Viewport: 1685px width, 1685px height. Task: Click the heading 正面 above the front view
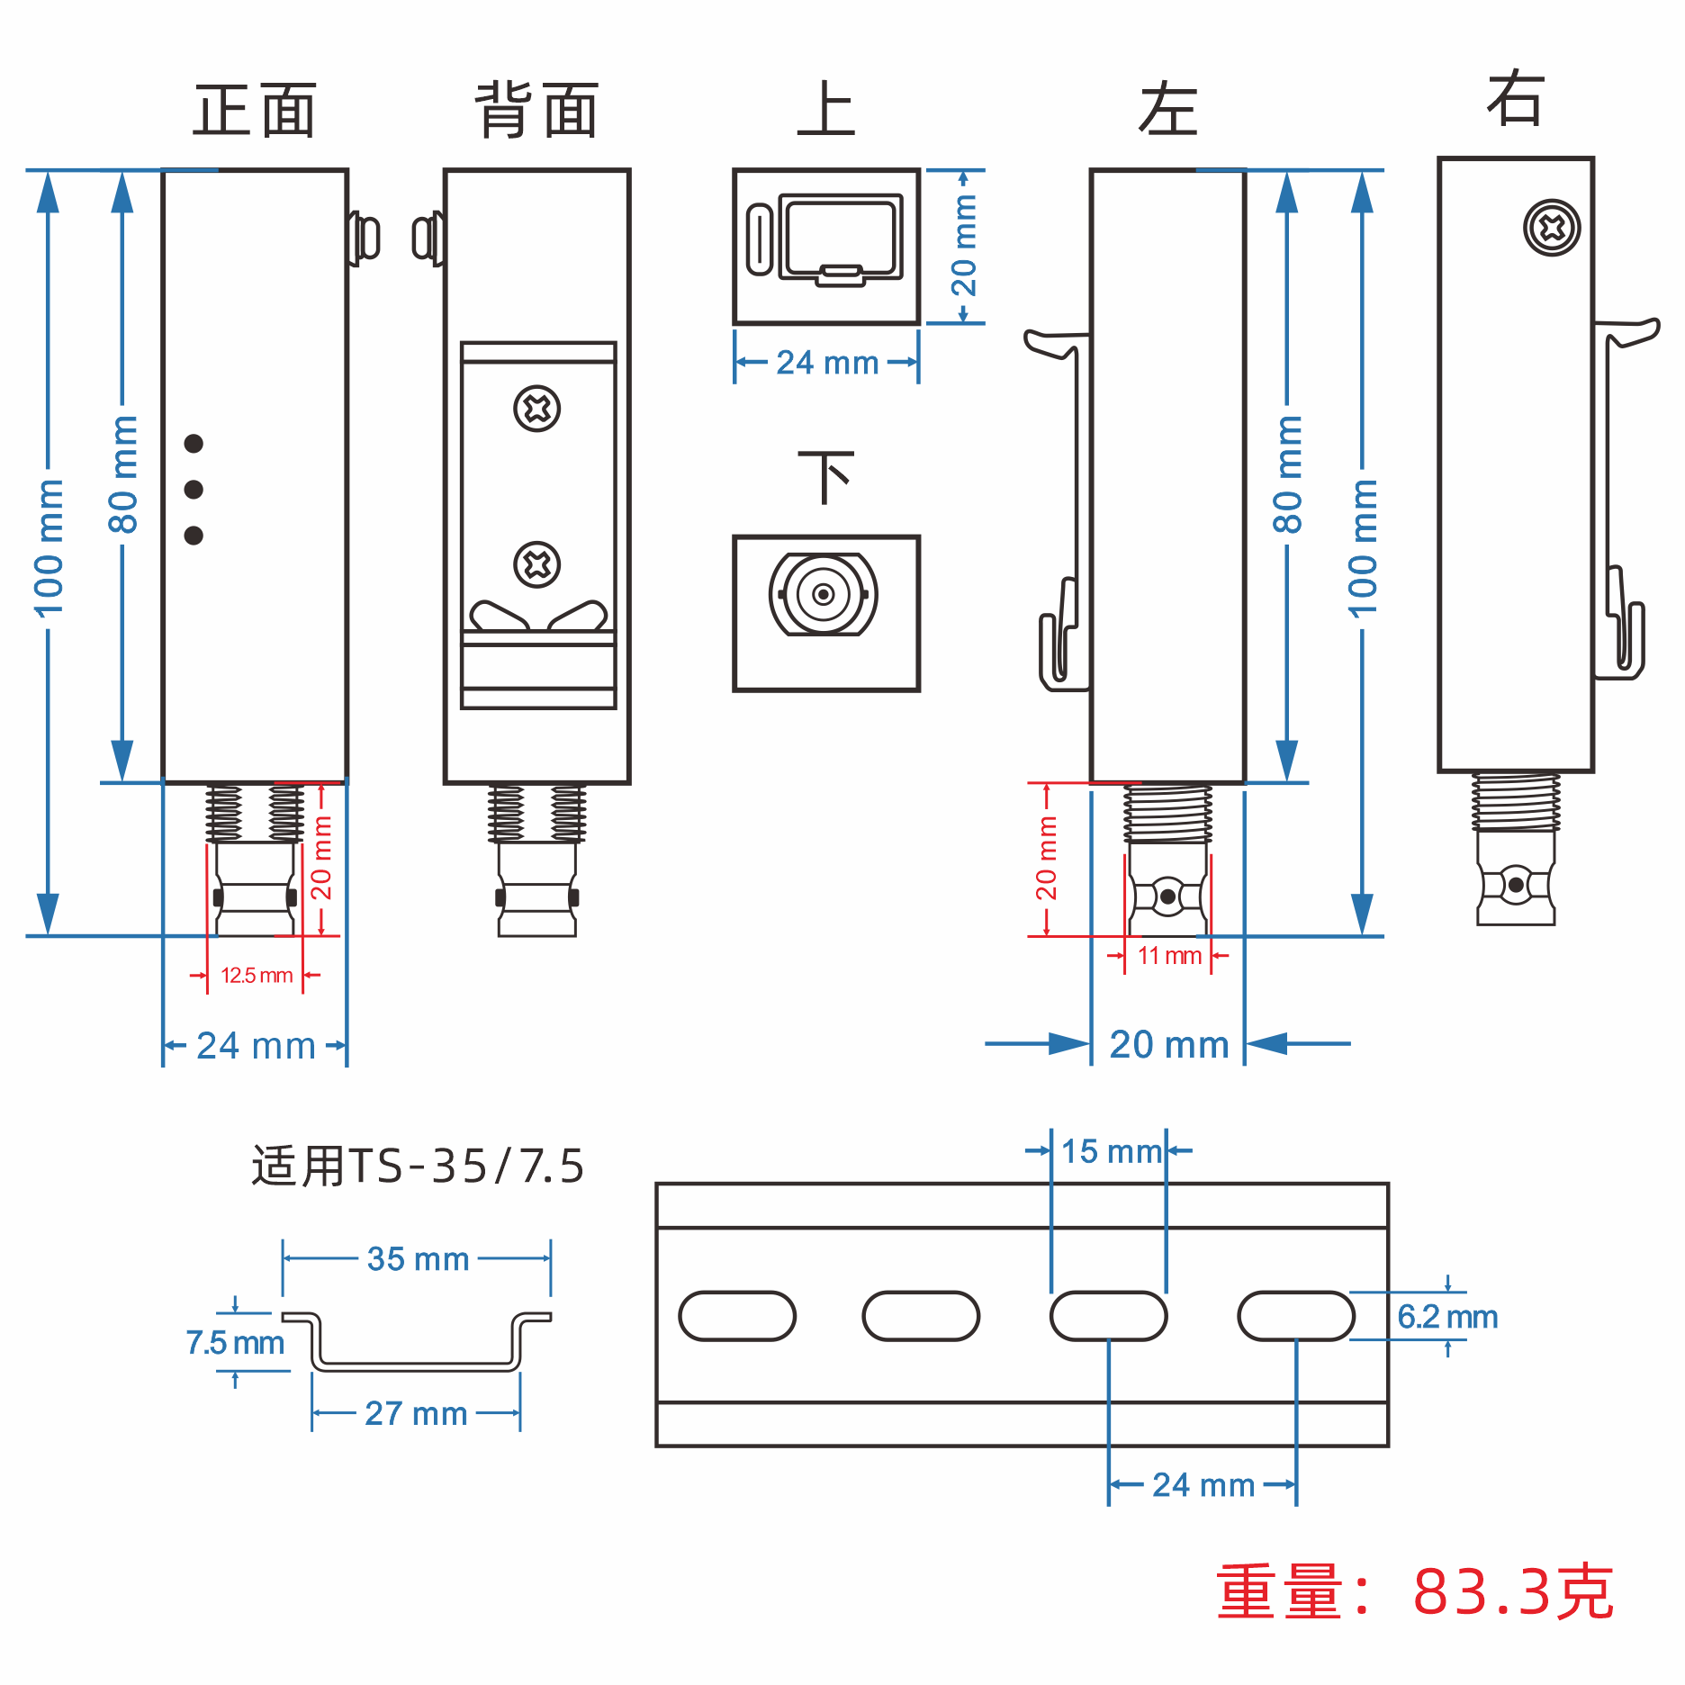(255, 111)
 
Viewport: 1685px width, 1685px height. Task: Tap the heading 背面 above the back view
(536, 111)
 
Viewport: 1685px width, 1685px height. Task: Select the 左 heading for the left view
(1167, 111)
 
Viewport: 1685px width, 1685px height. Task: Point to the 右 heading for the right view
(1516, 98)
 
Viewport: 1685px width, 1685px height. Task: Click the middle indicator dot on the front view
(194, 490)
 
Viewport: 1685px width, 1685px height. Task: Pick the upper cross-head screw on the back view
(537, 409)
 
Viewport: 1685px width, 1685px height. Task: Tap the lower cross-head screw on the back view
(537, 564)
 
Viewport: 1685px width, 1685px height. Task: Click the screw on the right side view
(1552, 228)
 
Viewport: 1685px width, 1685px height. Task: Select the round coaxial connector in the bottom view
(823, 594)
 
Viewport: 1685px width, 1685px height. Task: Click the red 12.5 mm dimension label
(257, 976)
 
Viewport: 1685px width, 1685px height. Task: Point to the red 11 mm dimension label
(1169, 956)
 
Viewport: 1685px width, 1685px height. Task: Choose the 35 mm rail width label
(418, 1259)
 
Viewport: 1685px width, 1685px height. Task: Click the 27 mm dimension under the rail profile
(416, 1414)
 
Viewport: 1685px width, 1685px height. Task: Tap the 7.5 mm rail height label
(235, 1343)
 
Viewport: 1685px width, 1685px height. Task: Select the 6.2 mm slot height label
(1447, 1318)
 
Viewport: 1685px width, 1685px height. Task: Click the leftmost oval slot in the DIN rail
(737, 1316)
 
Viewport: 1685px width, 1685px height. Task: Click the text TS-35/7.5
(466, 1167)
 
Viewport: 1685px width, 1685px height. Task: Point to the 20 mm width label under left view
(1168, 1045)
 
